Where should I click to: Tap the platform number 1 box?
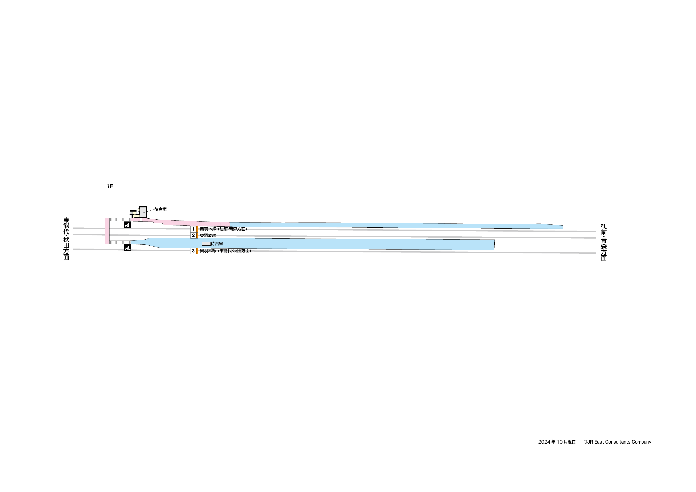[x=193, y=229]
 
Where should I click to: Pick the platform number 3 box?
[x=193, y=251]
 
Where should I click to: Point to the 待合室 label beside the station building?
[x=160, y=209]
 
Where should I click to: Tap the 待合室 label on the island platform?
[x=217, y=244]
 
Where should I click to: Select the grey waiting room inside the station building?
[x=143, y=212]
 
